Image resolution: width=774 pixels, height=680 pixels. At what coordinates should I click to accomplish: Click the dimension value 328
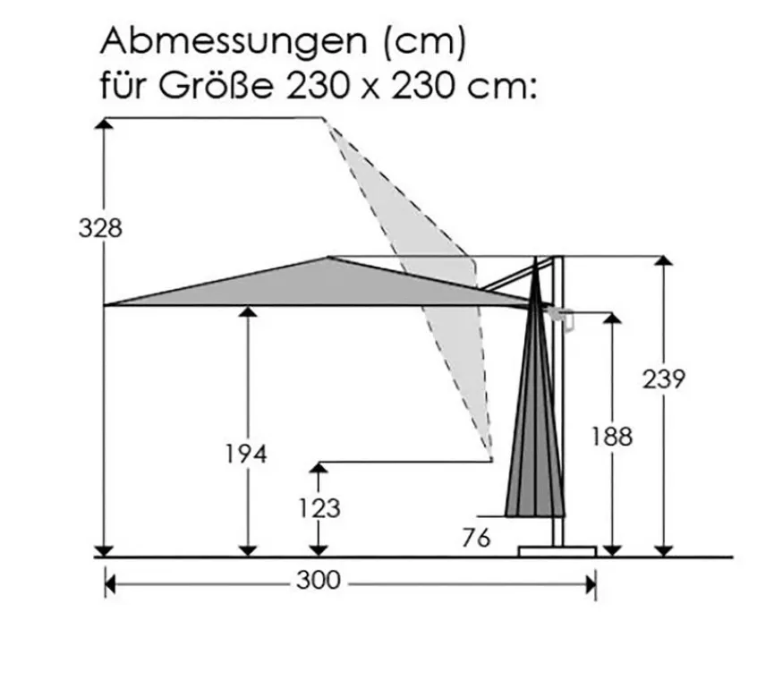(x=99, y=228)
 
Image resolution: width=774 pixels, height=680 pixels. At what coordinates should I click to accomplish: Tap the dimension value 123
(x=319, y=508)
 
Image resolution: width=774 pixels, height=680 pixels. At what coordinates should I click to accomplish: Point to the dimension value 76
(x=477, y=539)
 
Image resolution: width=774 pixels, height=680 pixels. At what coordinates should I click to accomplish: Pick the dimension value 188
(x=611, y=437)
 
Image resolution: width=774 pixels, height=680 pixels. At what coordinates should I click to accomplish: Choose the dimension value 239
(x=664, y=379)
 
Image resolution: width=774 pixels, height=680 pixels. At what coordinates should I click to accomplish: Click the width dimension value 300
(x=319, y=581)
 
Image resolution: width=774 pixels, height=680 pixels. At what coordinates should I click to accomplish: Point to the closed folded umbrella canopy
(x=536, y=421)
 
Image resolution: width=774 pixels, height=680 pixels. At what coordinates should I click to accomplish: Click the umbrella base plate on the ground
(x=557, y=549)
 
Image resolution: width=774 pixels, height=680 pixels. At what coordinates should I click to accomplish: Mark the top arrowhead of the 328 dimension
(x=105, y=124)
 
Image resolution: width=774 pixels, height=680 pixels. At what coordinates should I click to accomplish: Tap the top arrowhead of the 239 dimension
(x=663, y=262)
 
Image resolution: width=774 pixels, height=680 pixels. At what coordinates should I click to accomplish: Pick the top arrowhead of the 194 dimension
(x=247, y=312)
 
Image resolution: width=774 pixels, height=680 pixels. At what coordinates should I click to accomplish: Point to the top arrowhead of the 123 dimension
(x=319, y=469)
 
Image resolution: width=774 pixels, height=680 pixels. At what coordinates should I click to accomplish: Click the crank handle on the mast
(x=563, y=315)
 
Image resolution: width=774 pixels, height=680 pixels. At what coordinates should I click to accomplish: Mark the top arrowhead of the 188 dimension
(x=612, y=319)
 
